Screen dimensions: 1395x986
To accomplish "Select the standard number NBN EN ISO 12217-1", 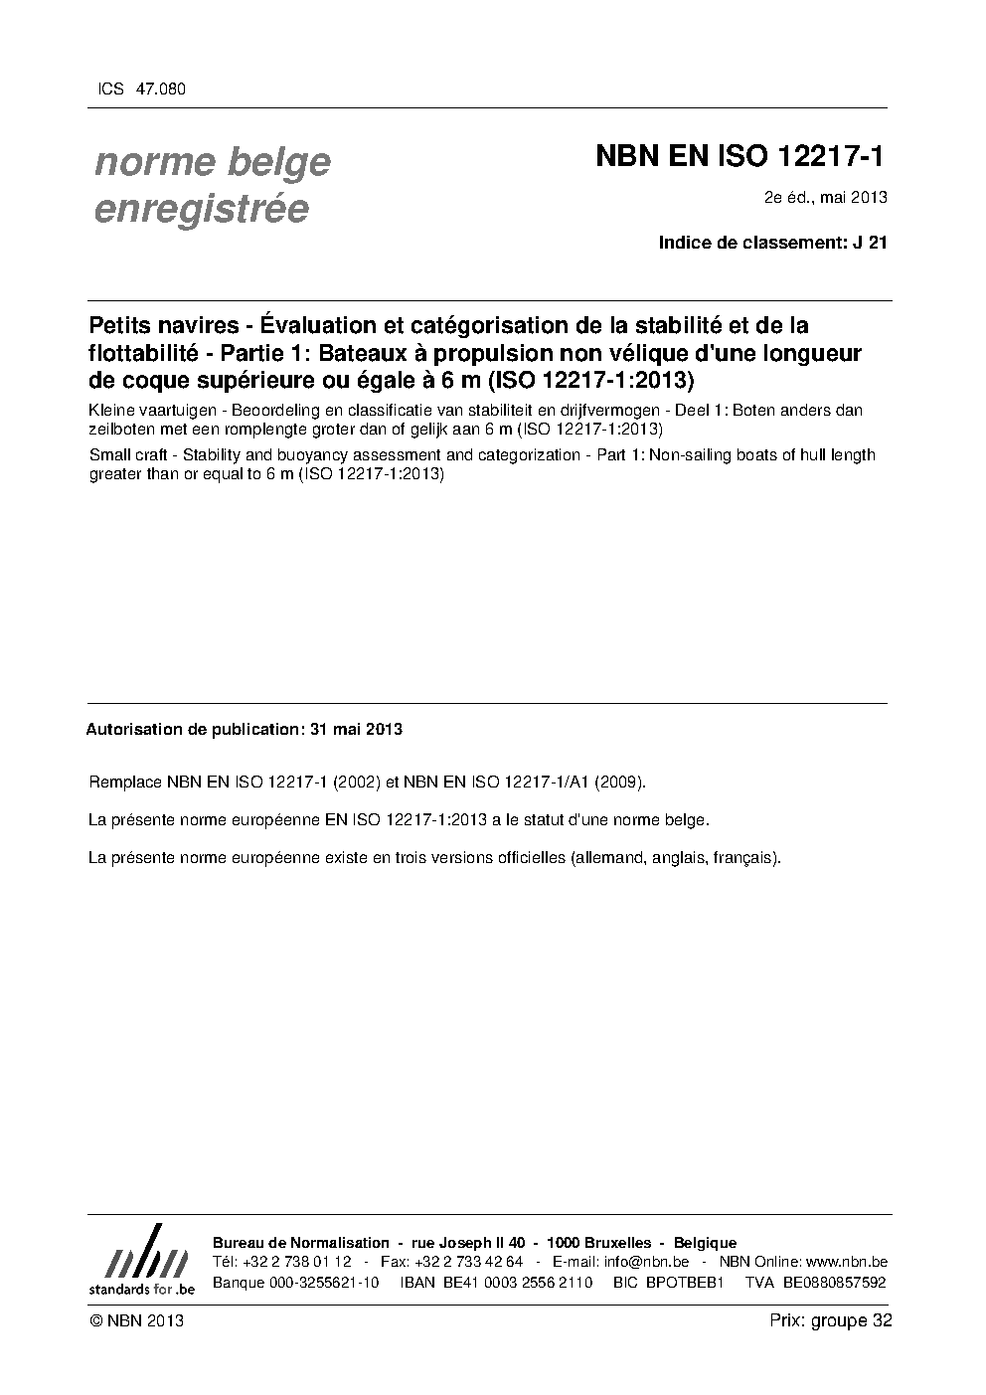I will tap(739, 157).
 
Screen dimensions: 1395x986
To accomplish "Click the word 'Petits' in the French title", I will tap(119, 325).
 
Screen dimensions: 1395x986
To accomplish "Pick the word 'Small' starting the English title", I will tap(108, 455).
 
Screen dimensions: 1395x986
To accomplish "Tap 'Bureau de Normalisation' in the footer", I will tap(301, 1243).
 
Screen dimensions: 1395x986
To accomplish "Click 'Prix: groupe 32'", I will tap(830, 1321).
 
